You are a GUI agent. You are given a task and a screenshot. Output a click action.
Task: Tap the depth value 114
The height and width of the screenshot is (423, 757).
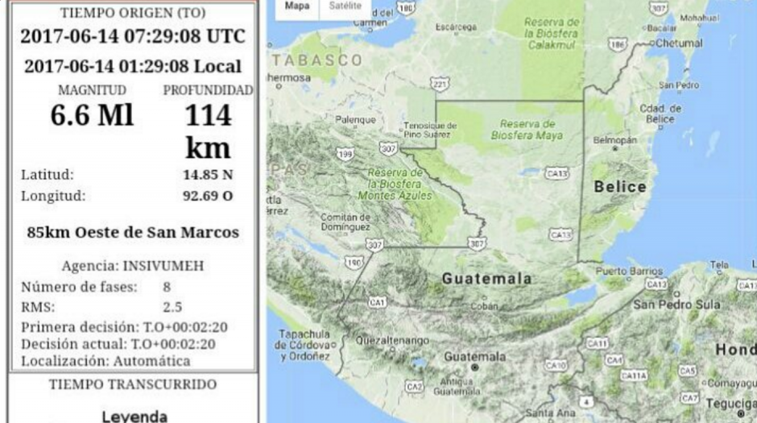(x=208, y=116)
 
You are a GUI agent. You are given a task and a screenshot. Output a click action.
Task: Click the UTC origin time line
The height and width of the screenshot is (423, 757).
(x=133, y=37)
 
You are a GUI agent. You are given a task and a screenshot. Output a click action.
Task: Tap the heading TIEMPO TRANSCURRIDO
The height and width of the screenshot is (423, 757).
(x=133, y=384)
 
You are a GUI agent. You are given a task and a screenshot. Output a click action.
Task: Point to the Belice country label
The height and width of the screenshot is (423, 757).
(x=620, y=187)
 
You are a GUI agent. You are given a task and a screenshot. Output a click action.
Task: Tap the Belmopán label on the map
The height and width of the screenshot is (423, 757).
(x=614, y=139)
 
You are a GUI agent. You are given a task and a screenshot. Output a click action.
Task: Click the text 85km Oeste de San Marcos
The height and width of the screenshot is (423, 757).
(x=133, y=233)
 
